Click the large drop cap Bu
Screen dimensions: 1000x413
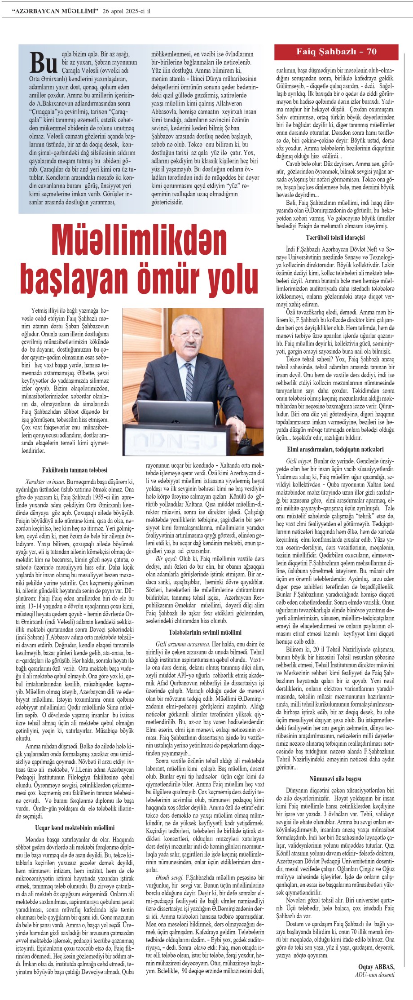tap(44, 63)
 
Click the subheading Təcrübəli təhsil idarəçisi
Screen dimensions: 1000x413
tap(335, 237)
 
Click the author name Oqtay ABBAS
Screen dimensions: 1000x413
tap(376, 963)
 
